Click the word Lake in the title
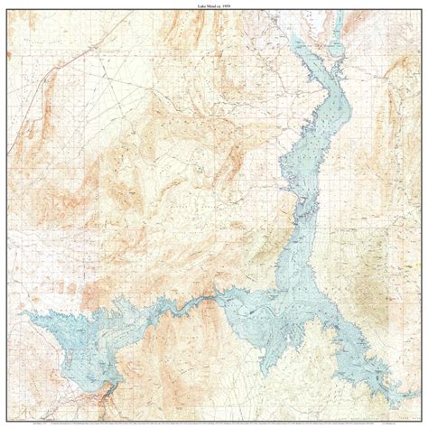(200, 5)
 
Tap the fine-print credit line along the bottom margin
(214, 422)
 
